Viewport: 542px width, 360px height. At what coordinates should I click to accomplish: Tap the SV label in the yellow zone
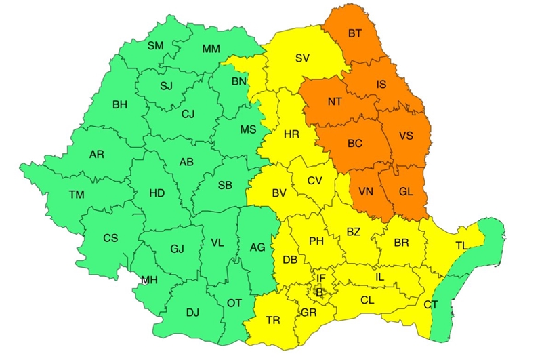(x=302, y=58)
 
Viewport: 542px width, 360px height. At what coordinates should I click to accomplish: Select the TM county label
(x=77, y=195)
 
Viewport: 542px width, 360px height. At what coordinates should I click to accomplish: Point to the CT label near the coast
(x=430, y=304)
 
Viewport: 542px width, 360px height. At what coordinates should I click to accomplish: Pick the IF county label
(x=320, y=278)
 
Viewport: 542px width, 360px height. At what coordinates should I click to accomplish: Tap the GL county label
(x=406, y=191)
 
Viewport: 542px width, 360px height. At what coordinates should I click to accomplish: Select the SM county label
(x=156, y=46)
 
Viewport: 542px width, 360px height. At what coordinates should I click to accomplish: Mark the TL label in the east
(x=461, y=245)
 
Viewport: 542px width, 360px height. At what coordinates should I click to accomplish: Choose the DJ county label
(x=192, y=312)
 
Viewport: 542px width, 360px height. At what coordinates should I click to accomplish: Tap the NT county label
(x=334, y=102)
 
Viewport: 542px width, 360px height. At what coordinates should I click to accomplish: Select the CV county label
(x=314, y=180)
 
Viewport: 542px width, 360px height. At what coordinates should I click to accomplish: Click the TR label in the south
(x=274, y=320)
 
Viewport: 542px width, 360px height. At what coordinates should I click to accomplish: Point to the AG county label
(x=257, y=247)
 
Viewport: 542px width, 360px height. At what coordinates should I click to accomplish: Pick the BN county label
(x=238, y=81)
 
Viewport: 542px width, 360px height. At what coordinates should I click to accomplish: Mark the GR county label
(x=309, y=313)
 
